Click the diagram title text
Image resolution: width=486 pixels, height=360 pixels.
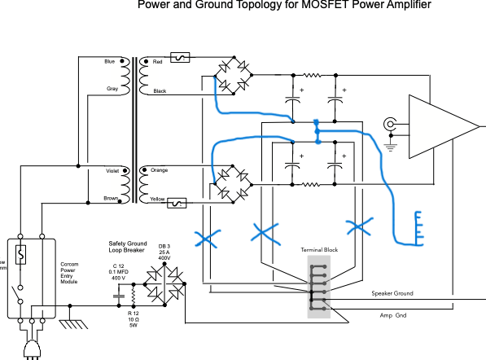point(284,5)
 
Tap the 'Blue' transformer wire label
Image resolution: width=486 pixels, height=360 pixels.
point(109,61)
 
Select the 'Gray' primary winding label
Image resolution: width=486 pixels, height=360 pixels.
point(112,89)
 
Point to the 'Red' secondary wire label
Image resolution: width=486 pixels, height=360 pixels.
point(157,62)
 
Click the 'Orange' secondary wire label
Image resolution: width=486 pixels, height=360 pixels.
point(160,170)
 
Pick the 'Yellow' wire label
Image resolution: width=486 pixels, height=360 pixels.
point(157,199)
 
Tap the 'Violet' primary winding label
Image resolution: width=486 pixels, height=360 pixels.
point(112,171)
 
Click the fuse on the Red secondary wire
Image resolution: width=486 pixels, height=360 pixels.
point(180,57)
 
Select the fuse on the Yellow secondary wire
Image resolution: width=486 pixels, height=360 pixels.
point(177,203)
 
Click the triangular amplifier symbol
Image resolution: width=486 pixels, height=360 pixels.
point(444,126)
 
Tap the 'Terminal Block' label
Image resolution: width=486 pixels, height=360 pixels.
point(319,249)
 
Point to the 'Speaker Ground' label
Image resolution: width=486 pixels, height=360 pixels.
point(392,293)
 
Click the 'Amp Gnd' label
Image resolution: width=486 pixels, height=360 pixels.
point(393,315)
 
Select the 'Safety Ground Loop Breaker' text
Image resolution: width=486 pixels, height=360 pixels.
point(128,247)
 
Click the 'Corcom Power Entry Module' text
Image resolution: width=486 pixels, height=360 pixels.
point(69,273)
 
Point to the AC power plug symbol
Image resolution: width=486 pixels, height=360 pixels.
point(33,349)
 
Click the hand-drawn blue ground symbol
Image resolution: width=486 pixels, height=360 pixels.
point(418,229)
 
